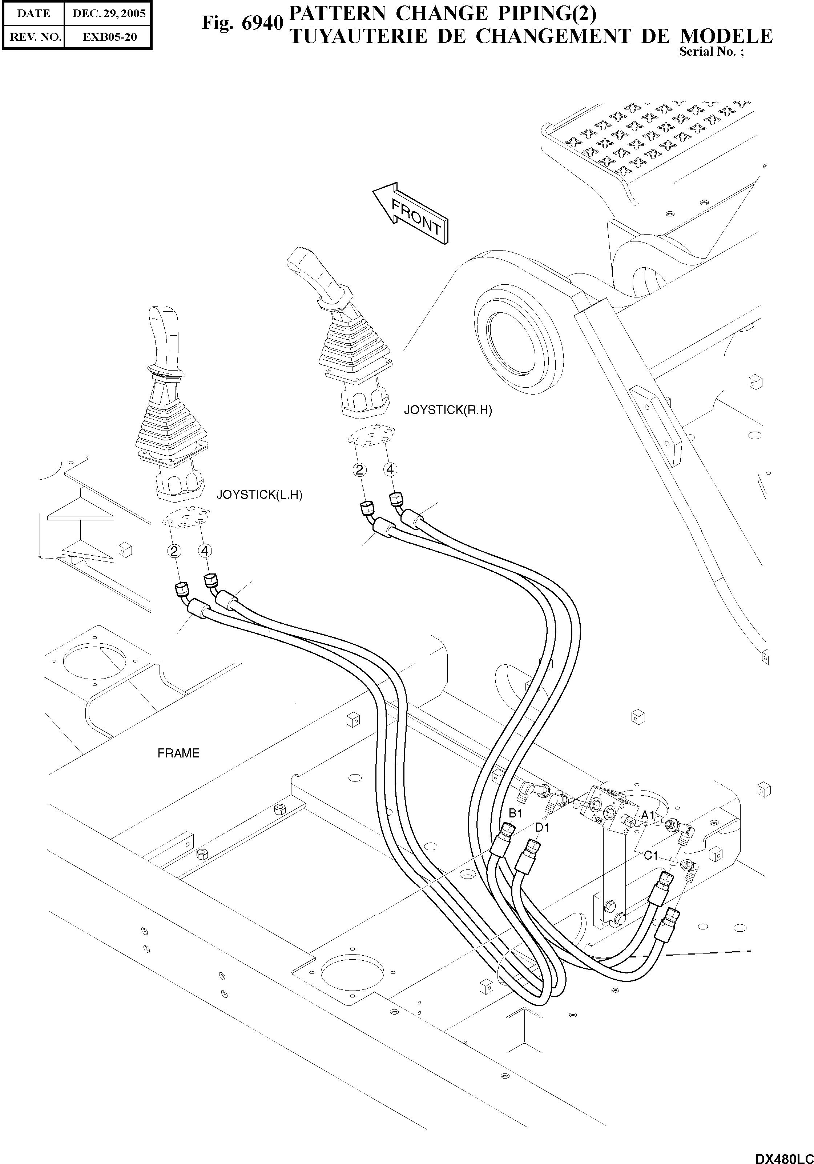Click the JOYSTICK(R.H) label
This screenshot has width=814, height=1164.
point(448,410)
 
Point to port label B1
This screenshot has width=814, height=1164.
point(515,813)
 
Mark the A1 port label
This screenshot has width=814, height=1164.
point(648,815)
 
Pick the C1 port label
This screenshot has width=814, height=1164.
point(651,856)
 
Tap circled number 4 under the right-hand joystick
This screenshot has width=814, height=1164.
point(390,470)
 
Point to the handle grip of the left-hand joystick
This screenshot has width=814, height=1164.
point(165,335)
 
